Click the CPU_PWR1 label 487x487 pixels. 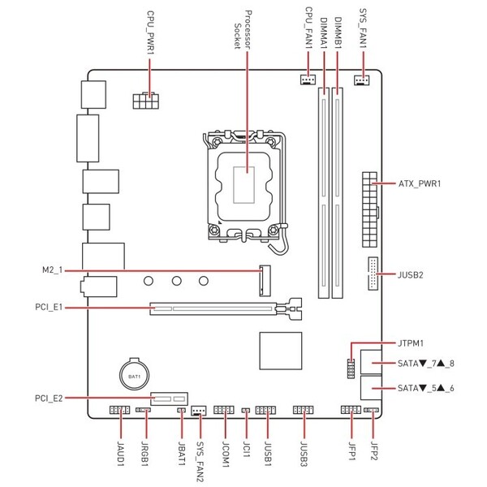tap(151, 33)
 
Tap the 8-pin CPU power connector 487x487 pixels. tap(146, 101)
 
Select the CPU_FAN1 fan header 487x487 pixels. tap(308, 80)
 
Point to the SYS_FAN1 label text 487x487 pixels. tap(363, 28)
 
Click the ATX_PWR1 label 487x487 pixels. tap(420, 183)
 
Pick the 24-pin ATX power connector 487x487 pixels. tap(369, 209)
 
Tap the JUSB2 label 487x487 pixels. tap(410, 275)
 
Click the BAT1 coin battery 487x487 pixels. tap(135, 374)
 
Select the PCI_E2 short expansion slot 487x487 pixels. tap(170, 399)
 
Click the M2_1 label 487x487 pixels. tap(52, 270)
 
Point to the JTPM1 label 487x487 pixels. tap(411, 343)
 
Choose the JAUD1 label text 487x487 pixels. tap(120, 454)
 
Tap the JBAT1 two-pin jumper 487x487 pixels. tap(181, 410)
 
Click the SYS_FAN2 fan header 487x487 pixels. tap(199, 411)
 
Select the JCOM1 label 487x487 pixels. tap(226, 455)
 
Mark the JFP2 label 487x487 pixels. tap(374, 451)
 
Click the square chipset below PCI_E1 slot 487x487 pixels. tap(281, 351)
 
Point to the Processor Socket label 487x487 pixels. tap(243, 30)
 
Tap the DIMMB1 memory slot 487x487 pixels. tap(338, 193)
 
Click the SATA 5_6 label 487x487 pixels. tap(426, 388)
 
